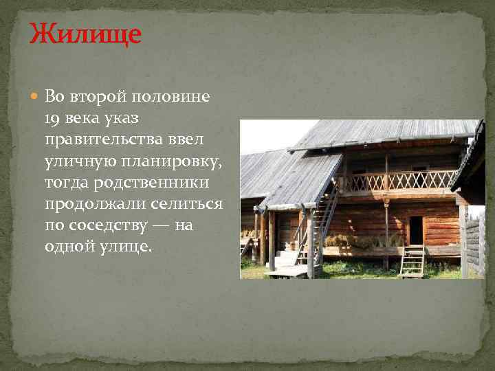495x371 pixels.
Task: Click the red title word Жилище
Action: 85,33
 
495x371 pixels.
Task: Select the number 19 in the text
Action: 54,118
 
